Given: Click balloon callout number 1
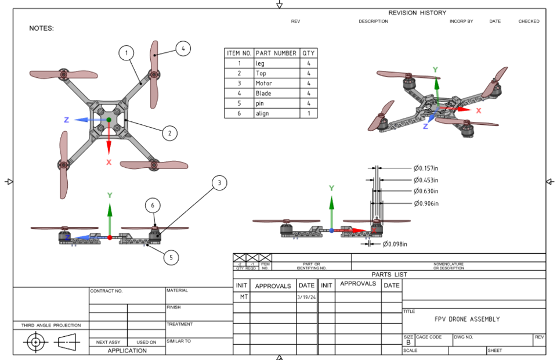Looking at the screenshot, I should (x=126, y=53).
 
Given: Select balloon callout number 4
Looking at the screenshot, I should (x=182, y=49).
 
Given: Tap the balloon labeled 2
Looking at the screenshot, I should (x=169, y=134).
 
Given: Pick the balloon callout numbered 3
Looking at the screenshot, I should (x=219, y=183).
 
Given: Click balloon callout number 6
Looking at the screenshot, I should (x=153, y=206).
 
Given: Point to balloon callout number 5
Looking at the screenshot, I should (x=171, y=257).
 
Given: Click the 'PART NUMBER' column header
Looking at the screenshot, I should (x=276, y=53).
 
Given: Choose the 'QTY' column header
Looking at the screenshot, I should (x=309, y=53).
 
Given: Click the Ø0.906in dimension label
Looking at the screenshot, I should (x=426, y=203).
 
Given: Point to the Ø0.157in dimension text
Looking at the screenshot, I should (x=426, y=168).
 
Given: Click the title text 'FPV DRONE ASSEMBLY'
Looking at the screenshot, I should (x=467, y=319).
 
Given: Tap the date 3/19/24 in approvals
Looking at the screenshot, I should (x=306, y=297).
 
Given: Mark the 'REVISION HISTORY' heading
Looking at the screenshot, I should (x=417, y=13).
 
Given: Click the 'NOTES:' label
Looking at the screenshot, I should (x=41, y=28).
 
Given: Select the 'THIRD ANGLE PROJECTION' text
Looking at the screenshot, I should (x=51, y=325).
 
